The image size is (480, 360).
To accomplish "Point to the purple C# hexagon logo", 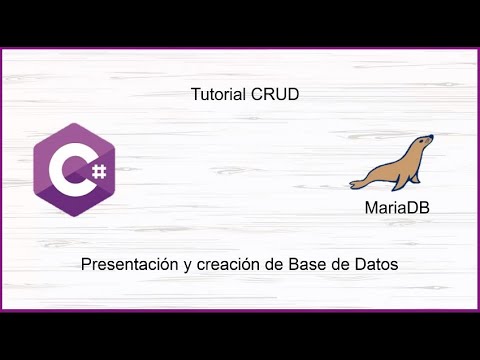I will (x=74, y=171).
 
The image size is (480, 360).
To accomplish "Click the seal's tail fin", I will (x=357, y=181).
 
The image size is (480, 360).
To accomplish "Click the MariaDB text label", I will (x=397, y=210).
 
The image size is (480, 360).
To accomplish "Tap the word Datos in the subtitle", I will (x=376, y=265).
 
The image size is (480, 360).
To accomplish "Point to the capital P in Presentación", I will (x=87, y=265).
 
